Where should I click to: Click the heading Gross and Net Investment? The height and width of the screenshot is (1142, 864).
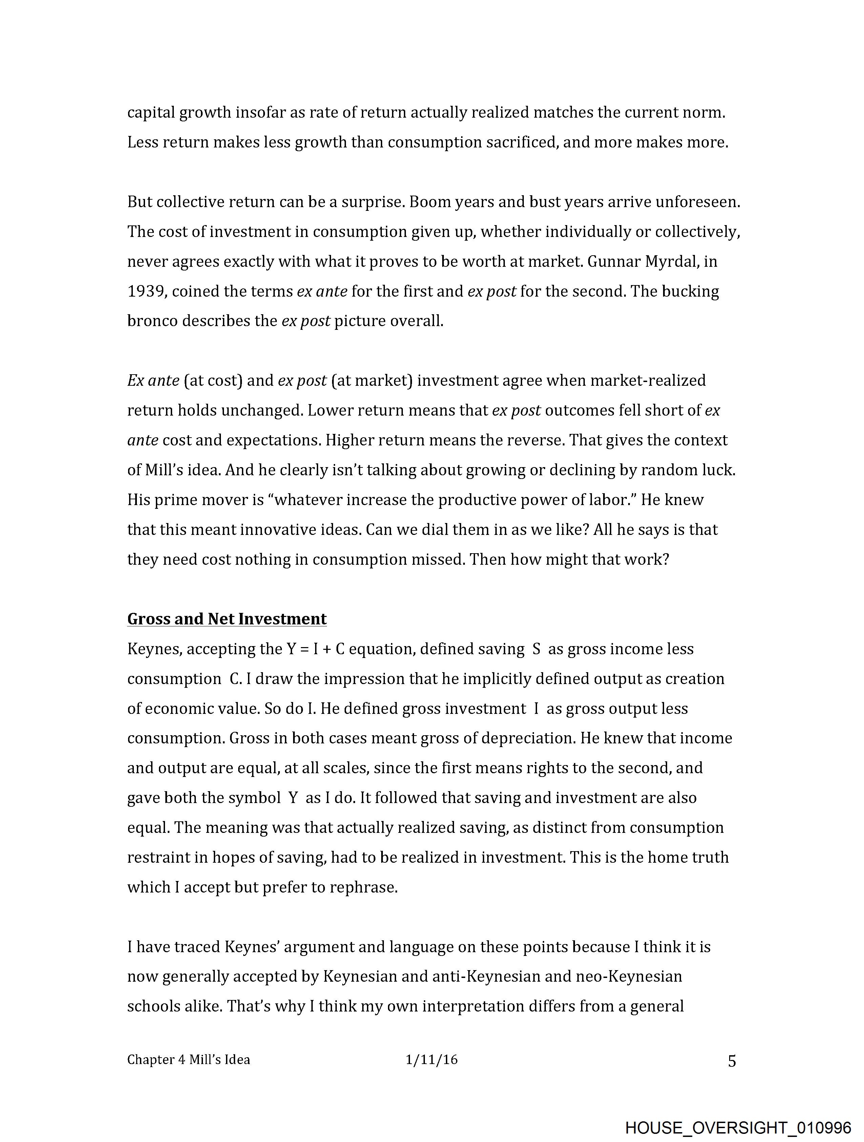click(x=227, y=619)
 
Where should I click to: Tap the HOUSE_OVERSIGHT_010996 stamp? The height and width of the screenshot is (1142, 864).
click(x=738, y=1127)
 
